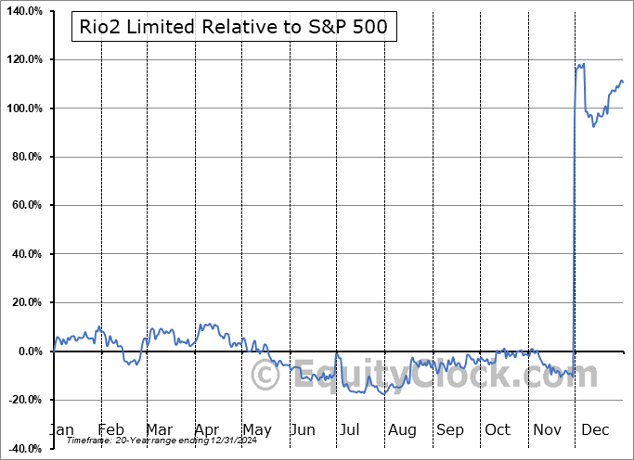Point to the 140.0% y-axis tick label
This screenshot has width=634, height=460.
pos(23,11)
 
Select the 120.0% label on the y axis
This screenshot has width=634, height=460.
pos(23,59)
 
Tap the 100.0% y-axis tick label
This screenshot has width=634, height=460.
pos(23,109)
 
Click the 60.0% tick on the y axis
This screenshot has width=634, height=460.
pos(26,205)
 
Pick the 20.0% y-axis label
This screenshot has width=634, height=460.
pos(26,302)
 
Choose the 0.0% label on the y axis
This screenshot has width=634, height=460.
pos(29,351)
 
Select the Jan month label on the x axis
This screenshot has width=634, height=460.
pos(62,429)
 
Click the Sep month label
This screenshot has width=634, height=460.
pos(450,429)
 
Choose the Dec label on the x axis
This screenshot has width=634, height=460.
pos(596,429)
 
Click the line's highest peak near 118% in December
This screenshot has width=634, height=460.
pos(583,64)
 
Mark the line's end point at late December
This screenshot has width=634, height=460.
pos(623,83)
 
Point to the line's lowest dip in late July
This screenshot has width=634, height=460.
pos(384,394)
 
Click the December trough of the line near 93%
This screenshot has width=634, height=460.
pos(593,126)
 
